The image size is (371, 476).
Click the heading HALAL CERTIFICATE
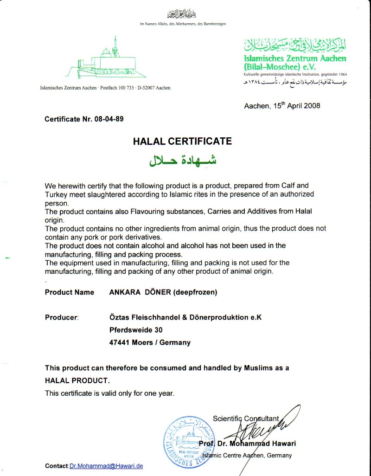coord(182,141)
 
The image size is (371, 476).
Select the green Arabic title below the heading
coord(182,161)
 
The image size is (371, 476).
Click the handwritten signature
coord(264,427)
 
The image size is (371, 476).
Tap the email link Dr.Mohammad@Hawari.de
coord(106,466)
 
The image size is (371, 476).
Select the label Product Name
coord(70,292)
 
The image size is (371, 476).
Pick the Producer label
coord(62,317)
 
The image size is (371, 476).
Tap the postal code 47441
coord(119,343)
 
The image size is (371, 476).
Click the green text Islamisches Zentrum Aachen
coord(295,59)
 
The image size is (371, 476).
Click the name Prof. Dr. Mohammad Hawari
coord(250,444)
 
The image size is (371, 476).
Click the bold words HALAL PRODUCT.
coord(77,380)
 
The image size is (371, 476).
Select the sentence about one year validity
coord(109,393)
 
